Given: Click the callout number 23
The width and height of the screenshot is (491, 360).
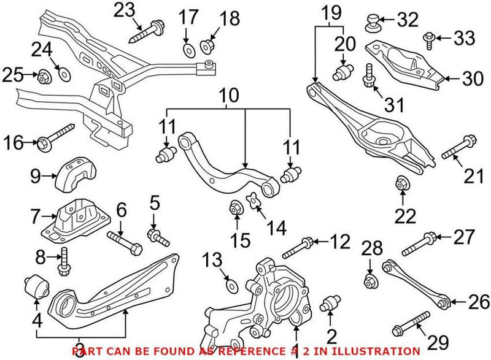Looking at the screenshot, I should click(125, 10).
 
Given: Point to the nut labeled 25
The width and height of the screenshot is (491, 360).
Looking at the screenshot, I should click(44, 77).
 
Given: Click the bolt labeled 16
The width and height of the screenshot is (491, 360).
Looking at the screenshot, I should click(55, 139).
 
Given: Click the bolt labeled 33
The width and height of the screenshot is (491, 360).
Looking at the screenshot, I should click(428, 40).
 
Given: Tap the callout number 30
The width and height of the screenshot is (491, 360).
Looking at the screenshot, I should click(470, 78).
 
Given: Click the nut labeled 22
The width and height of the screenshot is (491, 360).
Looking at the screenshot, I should click(402, 182).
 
